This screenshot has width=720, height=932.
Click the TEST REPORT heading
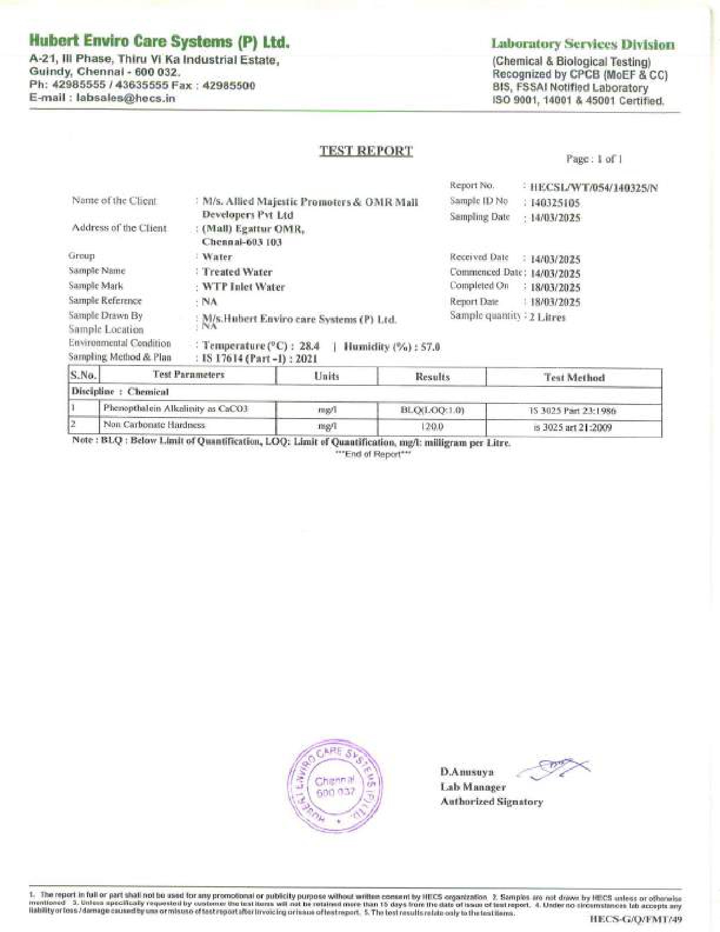click(x=366, y=151)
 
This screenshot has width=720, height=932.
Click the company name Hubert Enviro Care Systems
click(x=159, y=41)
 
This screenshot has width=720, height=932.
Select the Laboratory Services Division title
click(x=583, y=45)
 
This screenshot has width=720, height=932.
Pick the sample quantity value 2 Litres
click(x=547, y=317)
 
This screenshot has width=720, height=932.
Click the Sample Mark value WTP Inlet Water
click(x=243, y=287)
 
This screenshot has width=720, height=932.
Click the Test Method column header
click(x=574, y=377)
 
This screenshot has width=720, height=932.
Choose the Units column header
click(x=326, y=376)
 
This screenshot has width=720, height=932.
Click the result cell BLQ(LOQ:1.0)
click(x=432, y=410)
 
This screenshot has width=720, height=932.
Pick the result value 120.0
click(x=432, y=428)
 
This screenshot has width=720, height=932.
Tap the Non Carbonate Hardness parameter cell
click(x=154, y=425)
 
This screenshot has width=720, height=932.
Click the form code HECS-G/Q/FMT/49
click(x=636, y=919)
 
